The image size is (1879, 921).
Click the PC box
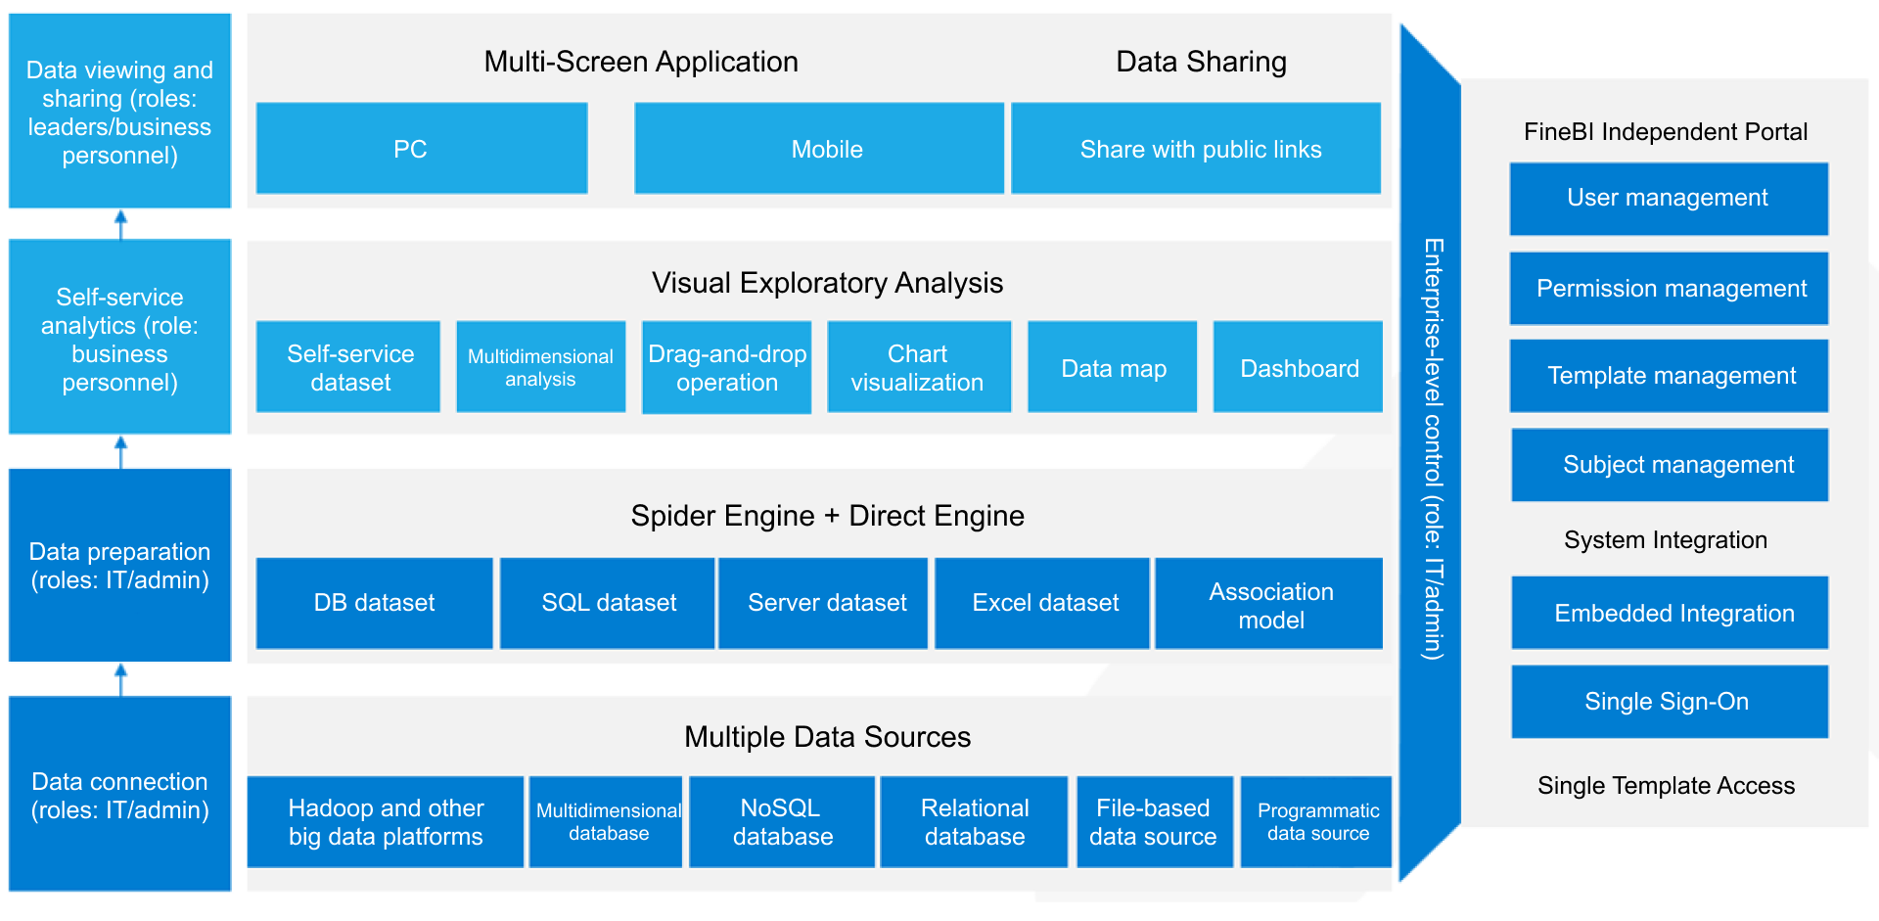click(x=421, y=149)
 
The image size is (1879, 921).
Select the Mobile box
click(x=818, y=149)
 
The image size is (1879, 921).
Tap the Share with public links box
click(x=1195, y=149)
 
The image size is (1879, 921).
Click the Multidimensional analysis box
click(x=540, y=367)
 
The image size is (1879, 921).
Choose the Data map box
click(x=1112, y=367)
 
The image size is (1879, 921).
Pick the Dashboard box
click(x=1298, y=367)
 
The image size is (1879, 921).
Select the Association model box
click(x=1269, y=604)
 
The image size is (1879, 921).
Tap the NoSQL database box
click(x=781, y=822)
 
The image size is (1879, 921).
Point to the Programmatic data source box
click(x=1316, y=822)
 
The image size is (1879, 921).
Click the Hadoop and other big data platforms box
click(x=385, y=822)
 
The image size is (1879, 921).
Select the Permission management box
click(x=1669, y=289)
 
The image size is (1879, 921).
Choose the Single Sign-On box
click(x=1669, y=702)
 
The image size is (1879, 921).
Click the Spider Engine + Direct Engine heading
click(x=827, y=516)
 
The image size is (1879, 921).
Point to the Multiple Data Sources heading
click(x=827, y=737)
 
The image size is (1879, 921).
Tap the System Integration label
click(x=1665, y=540)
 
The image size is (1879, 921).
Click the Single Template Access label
click(x=1665, y=786)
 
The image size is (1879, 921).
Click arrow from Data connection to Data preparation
click(x=120, y=679)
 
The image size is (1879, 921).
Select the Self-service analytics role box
click(x=119, y=338)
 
